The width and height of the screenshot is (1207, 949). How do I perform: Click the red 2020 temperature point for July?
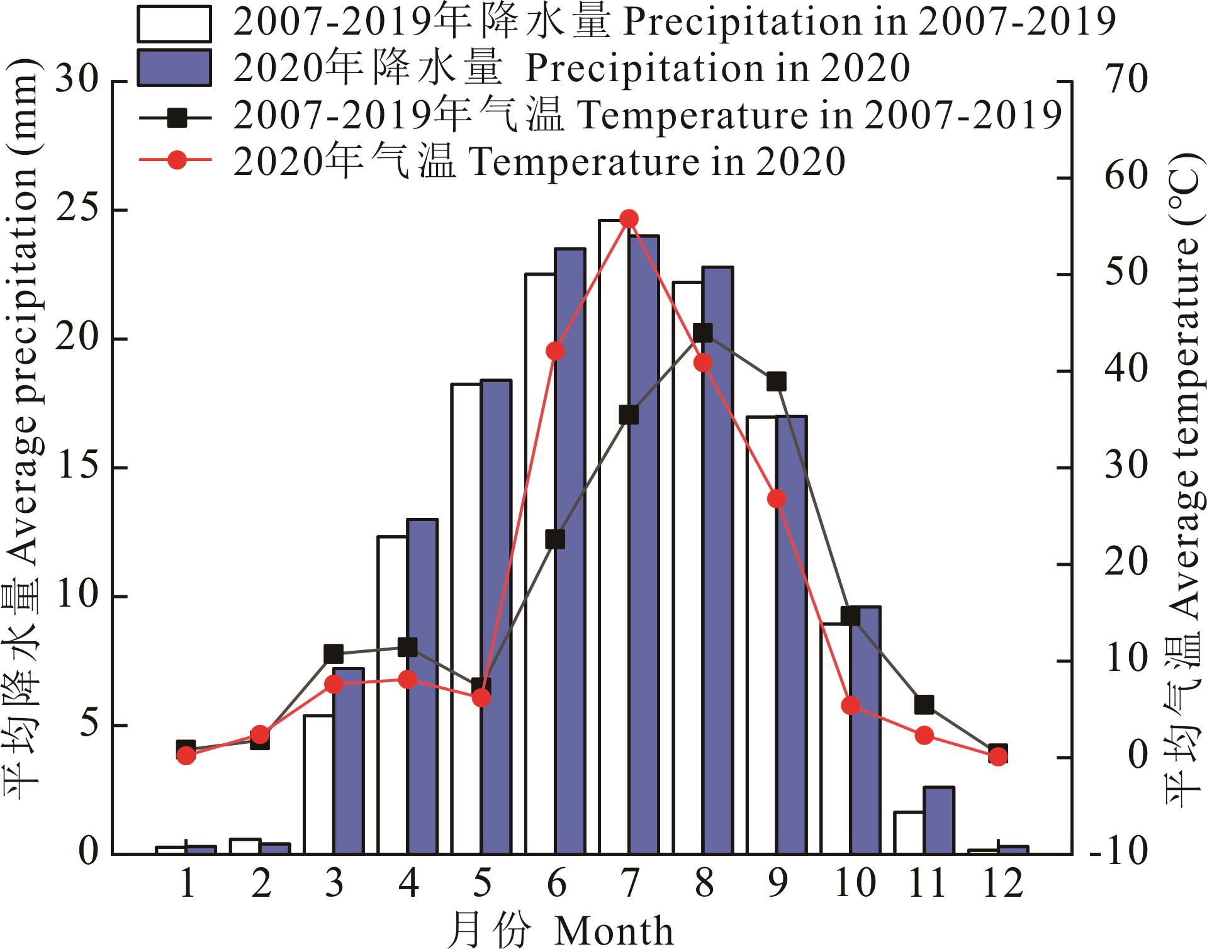click(629, 219)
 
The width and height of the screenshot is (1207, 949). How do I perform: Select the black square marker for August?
click(704, 333)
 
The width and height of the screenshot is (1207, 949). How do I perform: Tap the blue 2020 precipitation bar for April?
click(422, 686)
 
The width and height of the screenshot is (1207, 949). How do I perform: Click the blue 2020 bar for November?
click(939, 820)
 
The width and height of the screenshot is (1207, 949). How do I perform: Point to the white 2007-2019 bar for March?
click(318, 784)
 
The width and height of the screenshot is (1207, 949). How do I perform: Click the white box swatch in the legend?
click(174, 23)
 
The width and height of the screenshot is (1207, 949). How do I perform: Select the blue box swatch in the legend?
click(174, 67)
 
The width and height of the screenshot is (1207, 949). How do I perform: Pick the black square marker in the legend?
click(178, 116)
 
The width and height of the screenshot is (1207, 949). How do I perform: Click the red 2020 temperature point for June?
click(555, 351)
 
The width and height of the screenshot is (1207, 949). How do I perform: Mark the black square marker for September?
click(777, 381)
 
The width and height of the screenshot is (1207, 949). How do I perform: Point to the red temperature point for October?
click(851, 705)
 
